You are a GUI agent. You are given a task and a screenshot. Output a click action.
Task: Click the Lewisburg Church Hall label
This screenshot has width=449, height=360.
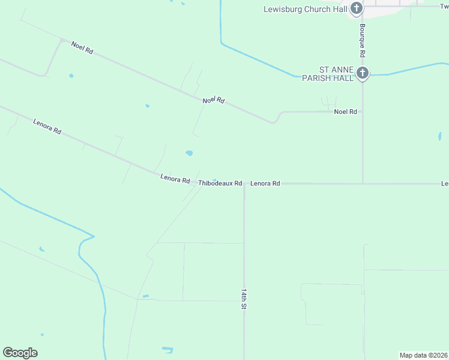[305, 9]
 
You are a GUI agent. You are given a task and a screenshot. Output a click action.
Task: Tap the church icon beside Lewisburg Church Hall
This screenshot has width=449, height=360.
[357, 8]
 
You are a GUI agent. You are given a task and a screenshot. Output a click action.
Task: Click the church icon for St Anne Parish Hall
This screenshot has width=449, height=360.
[362, 73]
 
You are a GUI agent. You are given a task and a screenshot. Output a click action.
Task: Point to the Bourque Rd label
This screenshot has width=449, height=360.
[363, 40]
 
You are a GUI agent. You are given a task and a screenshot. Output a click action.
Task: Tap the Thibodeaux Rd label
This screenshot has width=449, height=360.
[220, 183]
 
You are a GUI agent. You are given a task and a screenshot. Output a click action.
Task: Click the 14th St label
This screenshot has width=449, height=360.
[244, 298]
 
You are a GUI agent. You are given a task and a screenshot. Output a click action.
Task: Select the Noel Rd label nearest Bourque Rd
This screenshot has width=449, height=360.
[345, 112]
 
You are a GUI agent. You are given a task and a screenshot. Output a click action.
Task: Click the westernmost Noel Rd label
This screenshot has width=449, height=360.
[82, 47]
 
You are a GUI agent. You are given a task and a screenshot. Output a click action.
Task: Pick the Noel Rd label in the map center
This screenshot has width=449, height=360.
[213, 100]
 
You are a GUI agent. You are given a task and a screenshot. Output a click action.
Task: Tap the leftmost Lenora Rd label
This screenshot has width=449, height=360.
[47, 126]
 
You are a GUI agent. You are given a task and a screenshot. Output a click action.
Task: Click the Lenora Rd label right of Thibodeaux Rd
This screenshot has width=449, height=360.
[265, 183]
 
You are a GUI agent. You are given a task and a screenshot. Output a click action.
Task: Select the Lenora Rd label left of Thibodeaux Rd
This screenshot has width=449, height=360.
[175, 179]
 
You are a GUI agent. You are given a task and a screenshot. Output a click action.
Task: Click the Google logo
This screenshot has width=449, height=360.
[20, 353]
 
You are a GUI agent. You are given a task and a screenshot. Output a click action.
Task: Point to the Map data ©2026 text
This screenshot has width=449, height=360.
[423, 355]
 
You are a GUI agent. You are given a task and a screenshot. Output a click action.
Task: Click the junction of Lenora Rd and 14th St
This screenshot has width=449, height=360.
[244, 184]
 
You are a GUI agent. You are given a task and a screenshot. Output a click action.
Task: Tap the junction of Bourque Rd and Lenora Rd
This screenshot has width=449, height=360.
[363, 184]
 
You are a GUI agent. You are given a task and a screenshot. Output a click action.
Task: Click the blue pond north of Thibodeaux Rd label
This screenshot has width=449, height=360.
[189, 153]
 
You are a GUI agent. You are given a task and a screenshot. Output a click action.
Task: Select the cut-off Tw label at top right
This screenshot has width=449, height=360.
[444, 6]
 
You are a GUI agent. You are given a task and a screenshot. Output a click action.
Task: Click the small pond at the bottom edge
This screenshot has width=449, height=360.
[167, 349]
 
